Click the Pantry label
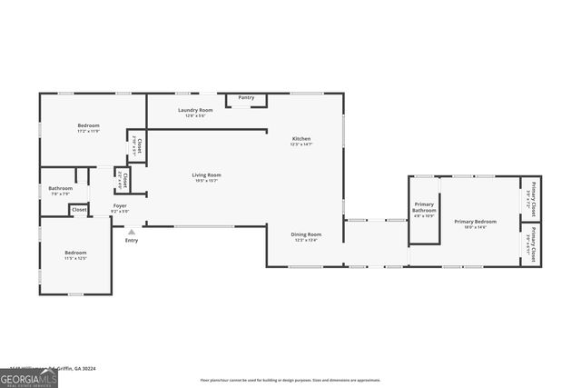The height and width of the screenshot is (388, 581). coord(246,97)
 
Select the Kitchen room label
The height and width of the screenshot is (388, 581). coord(301,141)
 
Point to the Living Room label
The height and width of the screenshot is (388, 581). coord(206,177)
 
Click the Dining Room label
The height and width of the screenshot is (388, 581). coord(306,237)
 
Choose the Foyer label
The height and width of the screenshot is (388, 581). coord(120,208)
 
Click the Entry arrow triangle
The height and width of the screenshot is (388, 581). coord(131,232)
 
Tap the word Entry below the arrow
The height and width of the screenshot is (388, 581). coord(132,240)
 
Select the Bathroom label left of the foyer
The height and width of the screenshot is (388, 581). coord(61,191)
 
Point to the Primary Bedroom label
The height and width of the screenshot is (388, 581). coord(476,224)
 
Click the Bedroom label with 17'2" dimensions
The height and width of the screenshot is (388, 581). coord(88,127)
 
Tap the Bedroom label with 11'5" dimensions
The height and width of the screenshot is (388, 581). coord(75,254)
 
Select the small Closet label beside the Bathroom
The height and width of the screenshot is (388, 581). coord(80,210)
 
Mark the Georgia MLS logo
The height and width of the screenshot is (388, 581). coord(29,377)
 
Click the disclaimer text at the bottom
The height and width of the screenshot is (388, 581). coord(290,380)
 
